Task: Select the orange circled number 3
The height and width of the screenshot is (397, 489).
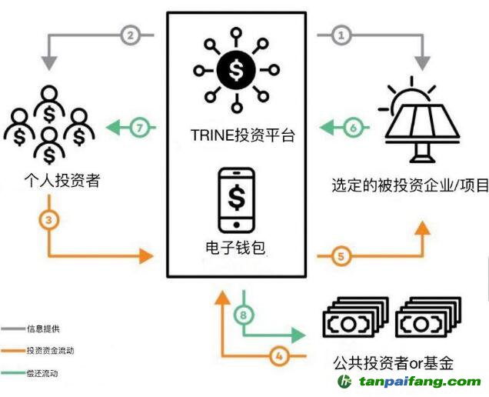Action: (x=48, y=221)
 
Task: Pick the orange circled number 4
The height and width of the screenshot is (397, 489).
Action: (x=281, y=355)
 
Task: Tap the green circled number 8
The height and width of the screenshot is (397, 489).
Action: (x=244, y=315)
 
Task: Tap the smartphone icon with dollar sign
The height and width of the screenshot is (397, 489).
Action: (x=238, y=198)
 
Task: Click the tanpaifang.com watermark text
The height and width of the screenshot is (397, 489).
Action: (x=418, y=382)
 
